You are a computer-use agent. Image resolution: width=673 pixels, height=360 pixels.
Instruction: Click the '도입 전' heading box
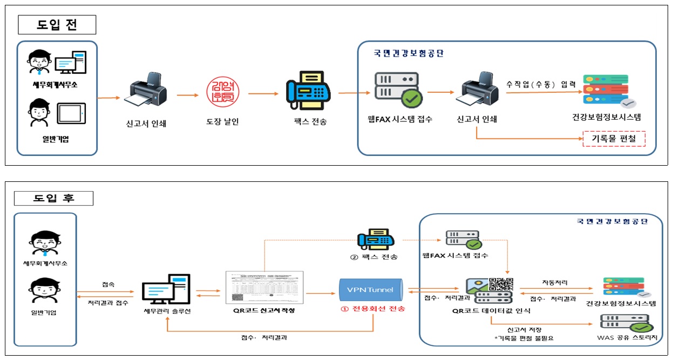tap(57, 24)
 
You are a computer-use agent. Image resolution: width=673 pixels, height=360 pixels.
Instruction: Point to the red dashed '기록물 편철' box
tap(614, 139)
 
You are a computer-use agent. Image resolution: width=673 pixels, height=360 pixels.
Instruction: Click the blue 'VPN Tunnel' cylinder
tap(371, 290)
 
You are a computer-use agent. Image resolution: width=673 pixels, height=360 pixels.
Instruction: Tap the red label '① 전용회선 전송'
tap(372, 309)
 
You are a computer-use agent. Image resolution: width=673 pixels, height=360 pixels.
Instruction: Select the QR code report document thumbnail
tap(264, 287)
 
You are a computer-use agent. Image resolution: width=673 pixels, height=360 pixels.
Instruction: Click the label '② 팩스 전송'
tap(373, 257)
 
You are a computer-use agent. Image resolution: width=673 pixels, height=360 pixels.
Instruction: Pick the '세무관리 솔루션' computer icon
tap(166, 291)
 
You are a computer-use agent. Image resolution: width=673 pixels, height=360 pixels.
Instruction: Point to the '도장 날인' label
tap(221, 122)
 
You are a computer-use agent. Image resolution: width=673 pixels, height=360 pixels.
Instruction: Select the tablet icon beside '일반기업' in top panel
tap(72, 113)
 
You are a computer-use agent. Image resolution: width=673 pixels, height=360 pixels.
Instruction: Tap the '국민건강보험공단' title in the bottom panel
tap(611, 221)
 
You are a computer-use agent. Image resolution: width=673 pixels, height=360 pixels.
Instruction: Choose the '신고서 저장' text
tap(524, 329)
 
